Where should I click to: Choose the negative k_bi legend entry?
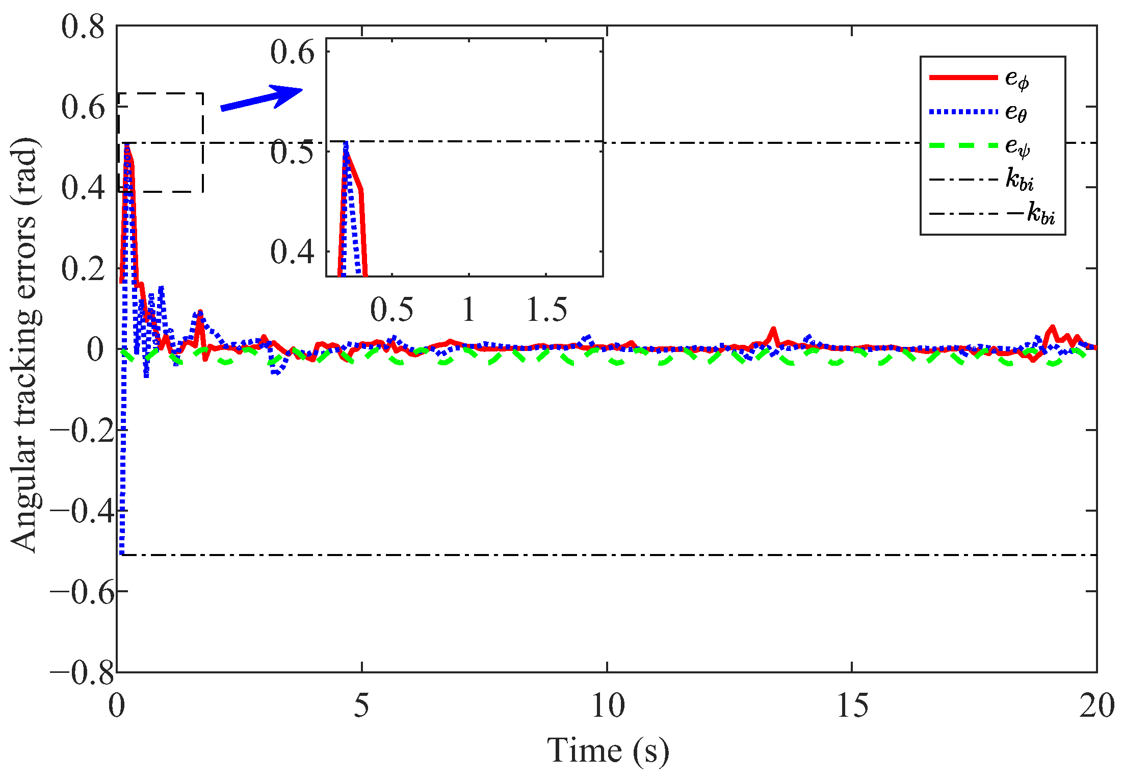(991, 214)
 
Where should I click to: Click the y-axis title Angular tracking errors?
(24, 345)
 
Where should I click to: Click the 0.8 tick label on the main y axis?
(83, 27)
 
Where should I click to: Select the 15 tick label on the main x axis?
(852, 707)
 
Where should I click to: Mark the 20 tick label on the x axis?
(1096, 707)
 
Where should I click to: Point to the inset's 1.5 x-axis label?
(546, 309)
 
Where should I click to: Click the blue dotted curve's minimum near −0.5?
(121, 552)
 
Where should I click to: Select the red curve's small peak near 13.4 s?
(773, 330)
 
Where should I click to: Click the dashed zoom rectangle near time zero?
(203, 143)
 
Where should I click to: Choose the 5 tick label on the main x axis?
(361, 707)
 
